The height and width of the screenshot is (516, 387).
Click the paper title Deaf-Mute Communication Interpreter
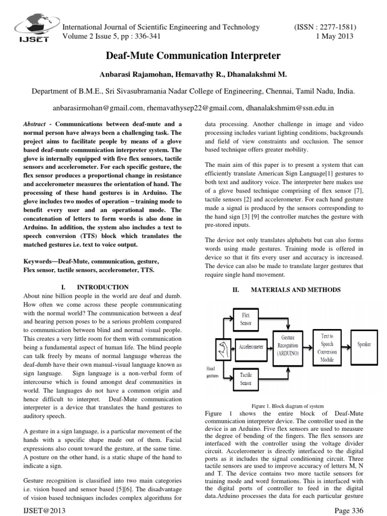193,55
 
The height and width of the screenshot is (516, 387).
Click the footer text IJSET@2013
43,510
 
